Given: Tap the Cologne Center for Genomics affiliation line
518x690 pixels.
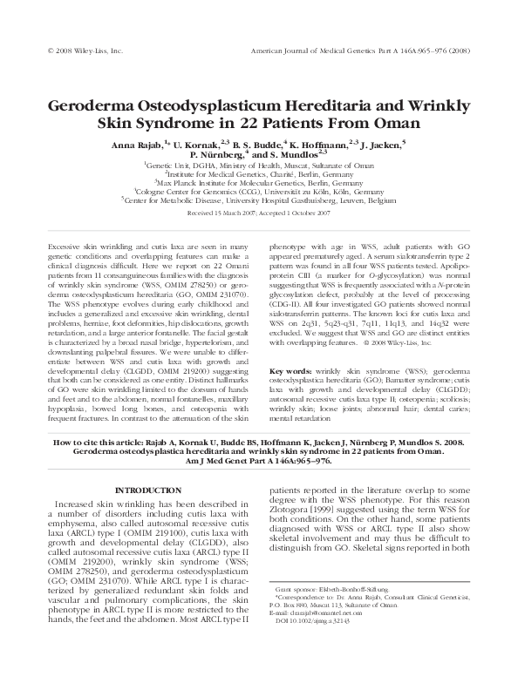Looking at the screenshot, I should (259, 192).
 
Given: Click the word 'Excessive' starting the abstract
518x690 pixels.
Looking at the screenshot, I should (67, 247).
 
